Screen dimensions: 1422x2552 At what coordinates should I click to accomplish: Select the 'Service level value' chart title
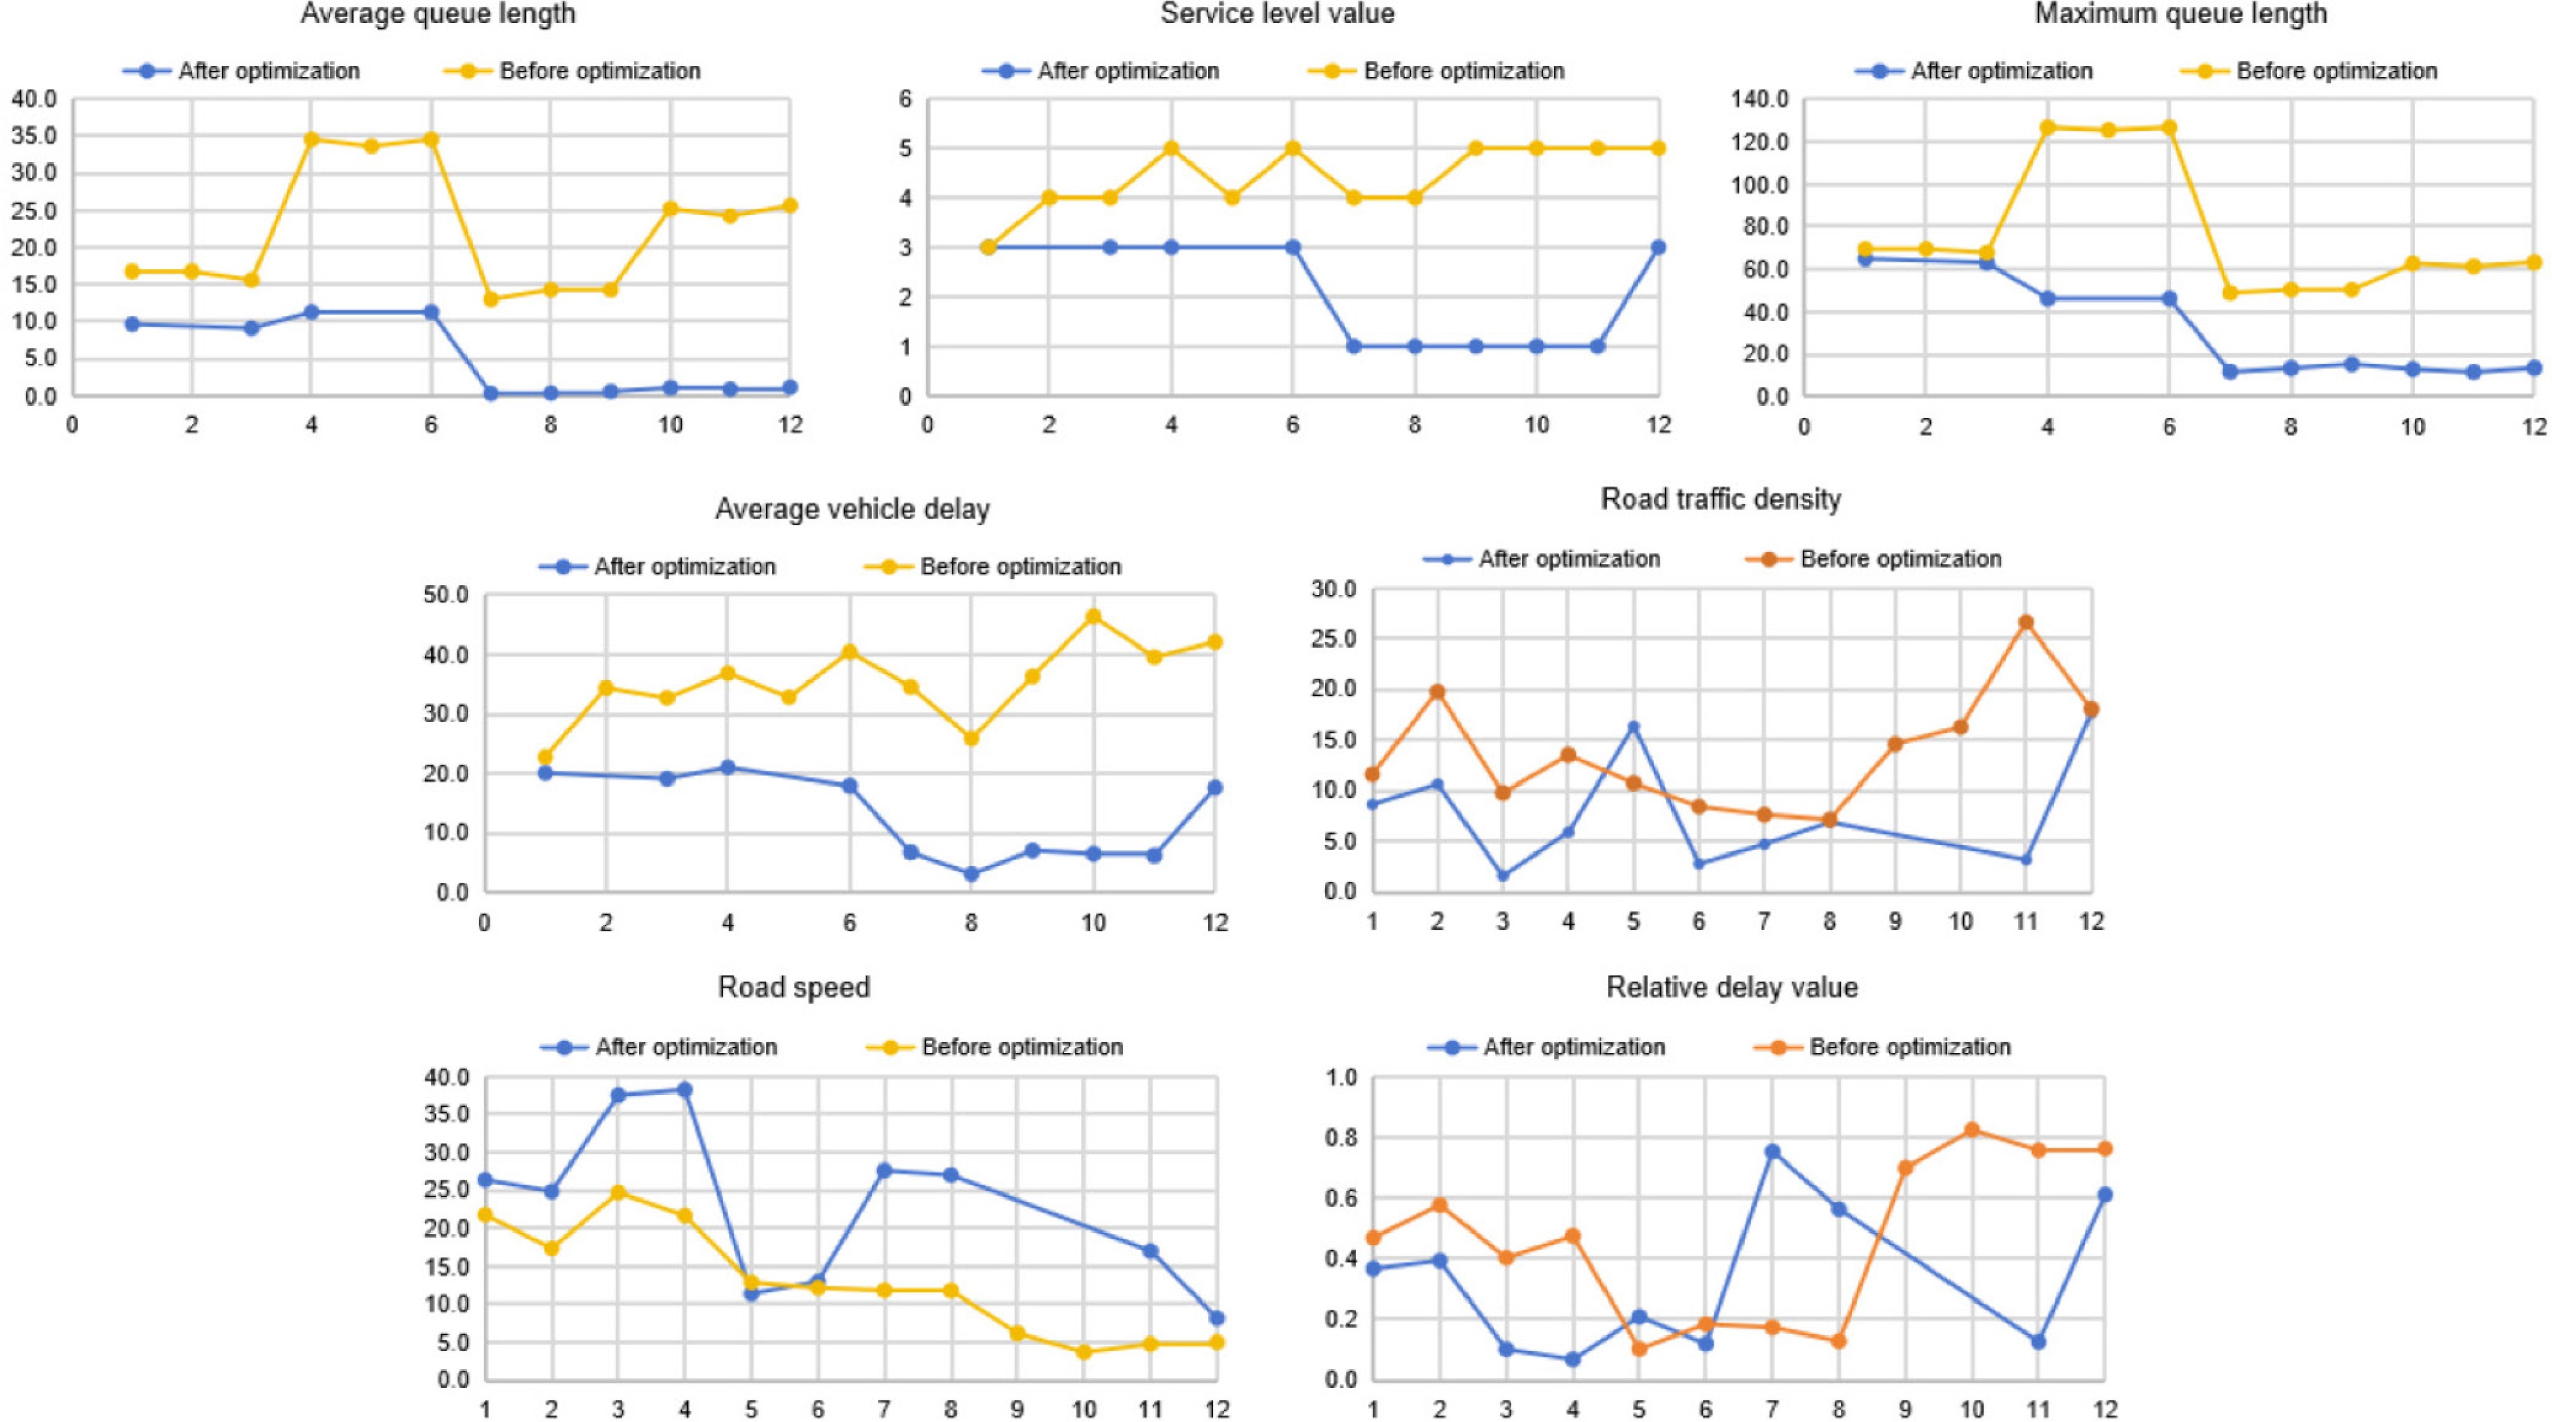pyautogui.click(x=1277, y=14)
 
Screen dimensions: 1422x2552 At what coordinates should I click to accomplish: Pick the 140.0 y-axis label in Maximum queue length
pyautogui.click(x=1760, y=99)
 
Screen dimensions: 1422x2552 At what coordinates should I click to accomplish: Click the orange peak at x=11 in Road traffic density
pyautogui.click(x=2026, y=622)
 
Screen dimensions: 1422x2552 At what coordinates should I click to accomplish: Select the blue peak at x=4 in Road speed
pyautogui.click(x=684, y=1090)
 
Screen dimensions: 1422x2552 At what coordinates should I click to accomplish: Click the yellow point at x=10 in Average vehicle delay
pyautogui.click(x=1093, y=616)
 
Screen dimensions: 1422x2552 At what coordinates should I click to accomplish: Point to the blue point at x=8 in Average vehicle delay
pyautogui.click(x=971, y=874)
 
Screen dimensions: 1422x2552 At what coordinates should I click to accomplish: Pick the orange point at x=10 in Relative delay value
pyautogui.click(x=1972, y=1130)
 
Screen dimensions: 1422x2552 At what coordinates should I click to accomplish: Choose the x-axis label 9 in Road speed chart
pyautogui.click(x=1017, y=1409)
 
